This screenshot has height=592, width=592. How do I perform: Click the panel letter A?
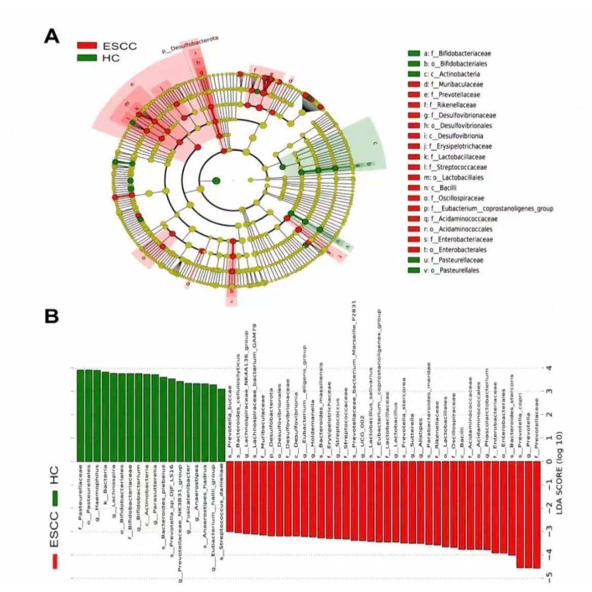coord(52,37)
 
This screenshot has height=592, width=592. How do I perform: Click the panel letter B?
coord(52,316)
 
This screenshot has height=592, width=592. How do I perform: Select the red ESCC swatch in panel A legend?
coord(87,46)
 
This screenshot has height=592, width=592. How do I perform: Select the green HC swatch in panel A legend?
coord(87,58)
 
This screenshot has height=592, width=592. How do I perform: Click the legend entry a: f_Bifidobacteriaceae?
coord(457,53)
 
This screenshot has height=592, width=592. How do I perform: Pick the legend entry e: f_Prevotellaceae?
coord(451,94)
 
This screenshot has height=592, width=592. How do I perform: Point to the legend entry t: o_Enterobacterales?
coord(454,250)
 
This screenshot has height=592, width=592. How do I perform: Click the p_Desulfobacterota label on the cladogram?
coord(190,45)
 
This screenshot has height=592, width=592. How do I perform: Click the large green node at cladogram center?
coord(216,180)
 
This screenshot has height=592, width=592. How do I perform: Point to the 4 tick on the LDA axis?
coord(548,368)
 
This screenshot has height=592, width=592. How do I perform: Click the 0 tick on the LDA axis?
coord(548,461)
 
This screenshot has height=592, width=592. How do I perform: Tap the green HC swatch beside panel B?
coord(54,499)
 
